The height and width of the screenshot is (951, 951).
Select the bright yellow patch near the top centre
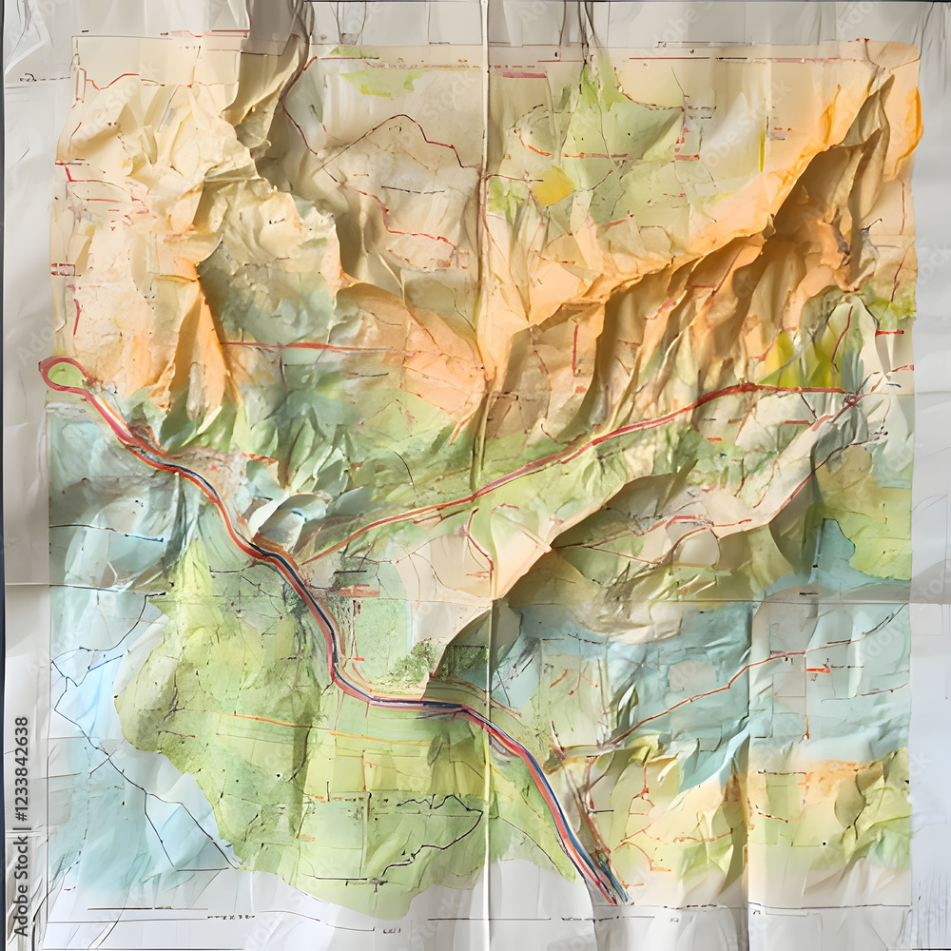pyautogui.click(x=553, y=186)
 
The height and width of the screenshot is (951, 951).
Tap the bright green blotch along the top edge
pyautogui.click(x=380, y=81)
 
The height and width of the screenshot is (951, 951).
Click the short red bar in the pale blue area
pyautogui.click(x=818, y=669)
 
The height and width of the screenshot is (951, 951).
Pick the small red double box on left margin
pyautogui.click(x=63, y=270)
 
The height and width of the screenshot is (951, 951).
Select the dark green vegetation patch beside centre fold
pyautogui.click(x=417, y=664)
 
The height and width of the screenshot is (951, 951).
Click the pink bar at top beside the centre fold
pyautogui.click(x=523, y=74)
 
